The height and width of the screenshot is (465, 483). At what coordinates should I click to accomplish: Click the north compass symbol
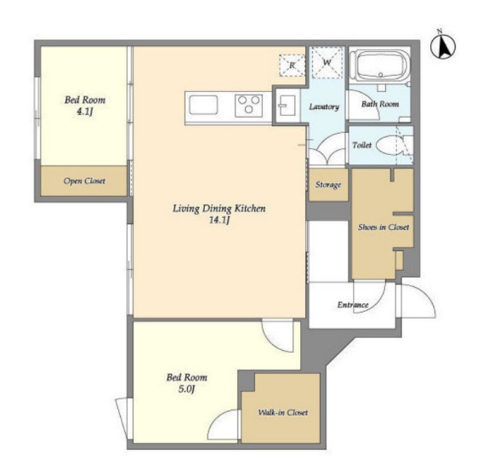(x=443, y=46)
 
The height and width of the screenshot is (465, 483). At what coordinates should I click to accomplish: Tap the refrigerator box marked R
(x=292, y=65)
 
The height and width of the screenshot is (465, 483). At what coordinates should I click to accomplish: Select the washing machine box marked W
(x=327, y=62)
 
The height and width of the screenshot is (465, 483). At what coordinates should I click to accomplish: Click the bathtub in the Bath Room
(x=381, y=66)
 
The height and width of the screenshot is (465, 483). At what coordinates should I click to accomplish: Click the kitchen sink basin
(x=203, y=105)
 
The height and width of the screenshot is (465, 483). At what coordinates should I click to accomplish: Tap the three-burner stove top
(x=249, y=106)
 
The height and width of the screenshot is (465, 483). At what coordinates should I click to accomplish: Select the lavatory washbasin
(x=287, y=106)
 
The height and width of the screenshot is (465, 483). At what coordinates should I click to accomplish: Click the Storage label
(x=328, y=185)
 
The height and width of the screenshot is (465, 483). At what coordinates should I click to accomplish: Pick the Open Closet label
(x=84, y=181)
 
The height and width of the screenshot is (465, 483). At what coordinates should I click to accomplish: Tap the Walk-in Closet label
(x=283, y=412)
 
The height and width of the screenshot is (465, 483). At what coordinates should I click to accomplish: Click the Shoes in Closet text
(x=384, y=227)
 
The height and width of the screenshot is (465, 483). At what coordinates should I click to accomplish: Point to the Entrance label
(x=353, y=305)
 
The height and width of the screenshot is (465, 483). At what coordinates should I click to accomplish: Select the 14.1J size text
(x=219, y=221)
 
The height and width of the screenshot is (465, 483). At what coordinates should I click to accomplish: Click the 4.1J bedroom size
(x=85, y=112)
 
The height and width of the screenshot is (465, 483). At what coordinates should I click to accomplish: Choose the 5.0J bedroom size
(x=187, y=389)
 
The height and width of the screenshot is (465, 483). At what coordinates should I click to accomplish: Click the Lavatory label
(x=324, y=106)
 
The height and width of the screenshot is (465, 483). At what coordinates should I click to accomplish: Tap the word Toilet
(x=362, y=145)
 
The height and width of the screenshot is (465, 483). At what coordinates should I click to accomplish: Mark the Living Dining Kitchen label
(x=219, y=209)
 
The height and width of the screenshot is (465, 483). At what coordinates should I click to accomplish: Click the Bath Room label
(x=380, y=104)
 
